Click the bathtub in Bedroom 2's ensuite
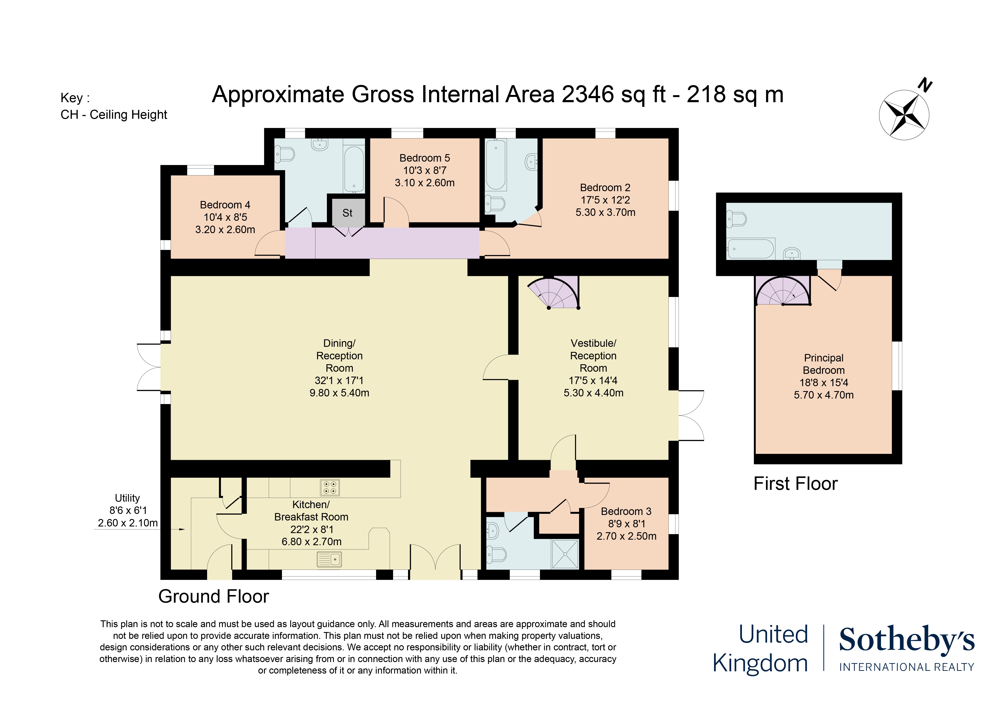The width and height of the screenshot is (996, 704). pyautogui.click(x=496, y=165)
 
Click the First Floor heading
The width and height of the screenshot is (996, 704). pyautogui.click(x=796, y=484)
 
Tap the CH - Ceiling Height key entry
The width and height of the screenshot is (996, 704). pyautogui.click(x=114, y=115)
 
